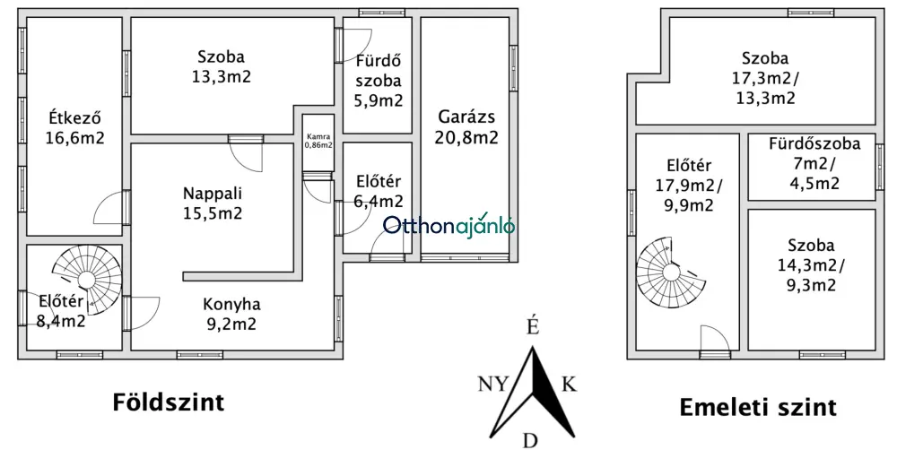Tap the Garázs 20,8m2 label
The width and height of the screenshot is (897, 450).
(x=466, y=127)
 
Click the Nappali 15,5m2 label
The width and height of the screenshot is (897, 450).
(x=213, y=203)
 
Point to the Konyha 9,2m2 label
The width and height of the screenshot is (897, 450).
(x=231, y=314)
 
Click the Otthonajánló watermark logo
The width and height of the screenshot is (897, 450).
(x=448, y=227)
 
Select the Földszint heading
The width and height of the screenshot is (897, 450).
(x=169, y=402)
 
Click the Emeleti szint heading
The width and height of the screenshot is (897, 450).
(x=758, y=408)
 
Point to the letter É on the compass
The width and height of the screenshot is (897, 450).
(x=532, y=326)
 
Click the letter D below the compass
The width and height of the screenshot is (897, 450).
(x=531, y=441)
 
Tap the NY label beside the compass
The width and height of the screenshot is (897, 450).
(x=493, y=384)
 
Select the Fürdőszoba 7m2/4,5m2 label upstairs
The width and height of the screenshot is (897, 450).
(x=814, y=163)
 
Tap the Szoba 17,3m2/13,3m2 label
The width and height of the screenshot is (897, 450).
(x=765, y=78)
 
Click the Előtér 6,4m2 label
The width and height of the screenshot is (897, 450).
(x=379, y=191)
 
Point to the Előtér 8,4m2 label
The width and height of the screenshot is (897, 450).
(x=61, y=311)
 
